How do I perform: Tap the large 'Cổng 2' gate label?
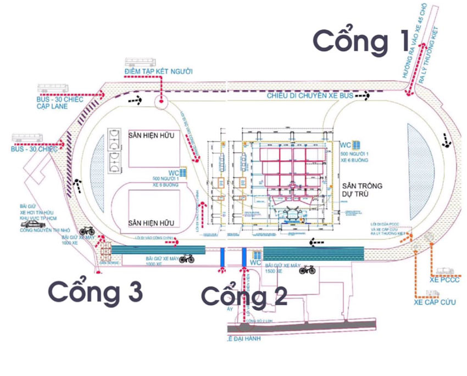(244, 296)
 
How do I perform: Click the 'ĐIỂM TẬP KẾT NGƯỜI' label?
(159, 72)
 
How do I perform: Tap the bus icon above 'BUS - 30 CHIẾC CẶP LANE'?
(53, 88)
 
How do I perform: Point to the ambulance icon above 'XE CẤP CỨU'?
(433, 293)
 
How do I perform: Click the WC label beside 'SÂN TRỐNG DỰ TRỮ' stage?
(346, 145)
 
